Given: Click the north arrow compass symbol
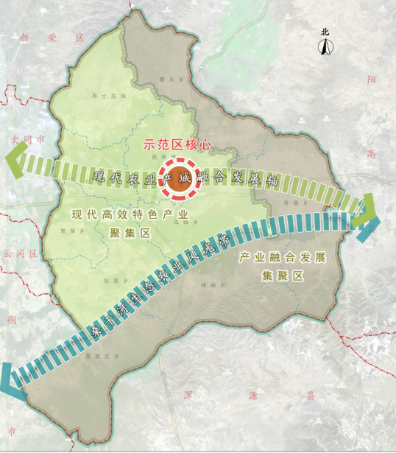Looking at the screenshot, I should click(x=325, y=47).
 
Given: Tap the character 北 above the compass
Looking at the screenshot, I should click(x=325, y=32).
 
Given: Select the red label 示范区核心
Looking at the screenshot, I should click(x=177, y=145).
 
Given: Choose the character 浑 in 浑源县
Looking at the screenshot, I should click(x=229, y=396).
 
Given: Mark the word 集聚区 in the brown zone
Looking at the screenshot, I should click(x=283, y=275).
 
